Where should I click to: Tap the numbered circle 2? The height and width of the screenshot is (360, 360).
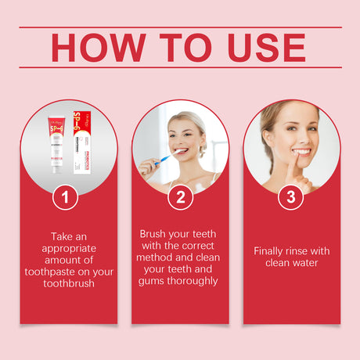(180, 197)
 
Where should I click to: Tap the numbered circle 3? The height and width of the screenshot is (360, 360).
(291, 197)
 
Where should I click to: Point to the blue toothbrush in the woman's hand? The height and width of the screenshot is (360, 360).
(160, 161)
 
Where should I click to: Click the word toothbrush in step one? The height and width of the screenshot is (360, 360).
(69, 283)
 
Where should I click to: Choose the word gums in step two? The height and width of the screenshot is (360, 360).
(157, 280)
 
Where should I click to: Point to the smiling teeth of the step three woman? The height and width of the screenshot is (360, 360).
(301, 152)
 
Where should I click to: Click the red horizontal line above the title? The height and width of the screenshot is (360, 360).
(180, 27)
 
